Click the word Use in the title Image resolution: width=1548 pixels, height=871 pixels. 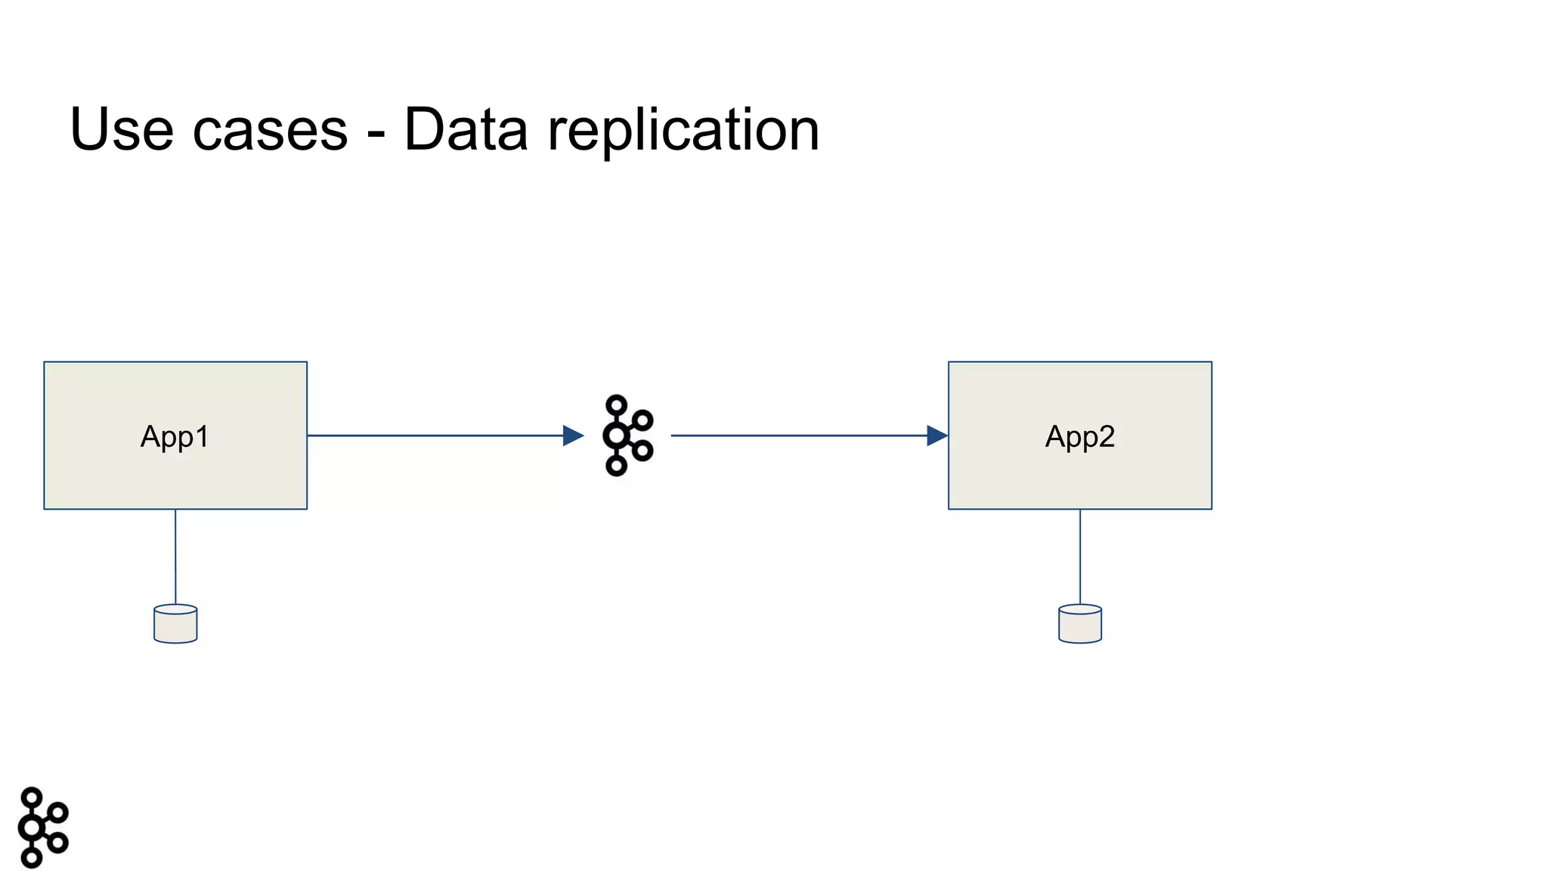pos(121,130)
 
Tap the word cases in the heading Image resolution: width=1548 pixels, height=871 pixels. pos(270,130)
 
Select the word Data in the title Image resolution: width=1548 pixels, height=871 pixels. pos(466,130)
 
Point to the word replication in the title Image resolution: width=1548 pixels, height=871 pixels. pos(683,130)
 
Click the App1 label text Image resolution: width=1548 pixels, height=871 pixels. pos(175,436)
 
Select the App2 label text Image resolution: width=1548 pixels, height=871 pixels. pos(1079,436)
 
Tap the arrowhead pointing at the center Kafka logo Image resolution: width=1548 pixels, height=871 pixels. pos(574,435)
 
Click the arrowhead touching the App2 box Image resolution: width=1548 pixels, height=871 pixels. pos(937,435)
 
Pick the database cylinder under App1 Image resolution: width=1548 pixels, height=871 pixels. pos(175,624)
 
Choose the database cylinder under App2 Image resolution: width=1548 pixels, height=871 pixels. pos(1079,624)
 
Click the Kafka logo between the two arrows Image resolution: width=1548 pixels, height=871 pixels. pos(627,435)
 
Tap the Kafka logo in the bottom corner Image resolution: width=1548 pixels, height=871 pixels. pos(42,827)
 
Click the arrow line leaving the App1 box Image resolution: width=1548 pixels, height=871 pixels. pos(435,435)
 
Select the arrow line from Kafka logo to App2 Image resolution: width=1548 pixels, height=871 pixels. pos(797,435)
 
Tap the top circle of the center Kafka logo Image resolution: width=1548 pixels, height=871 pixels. pos(617,405)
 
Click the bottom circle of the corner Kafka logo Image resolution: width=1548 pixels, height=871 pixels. pos(32,857)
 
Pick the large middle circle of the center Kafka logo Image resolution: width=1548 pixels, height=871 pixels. pos(617,435)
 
